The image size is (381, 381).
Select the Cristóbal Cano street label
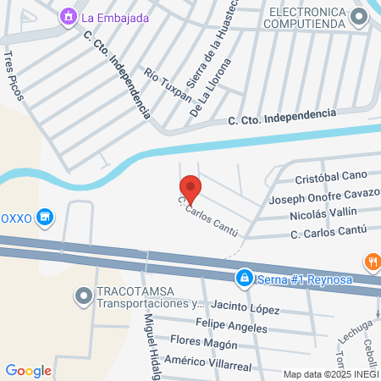[x=330, y=179]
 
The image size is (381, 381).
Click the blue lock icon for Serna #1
[x=244, y=277]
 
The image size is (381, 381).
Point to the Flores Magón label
[x=203, y=343]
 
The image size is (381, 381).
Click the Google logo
[x=28, y=370]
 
